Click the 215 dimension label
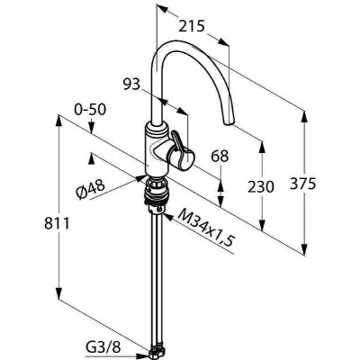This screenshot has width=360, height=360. (x=192, y=27)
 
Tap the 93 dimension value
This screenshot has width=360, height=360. (x=131, y=85)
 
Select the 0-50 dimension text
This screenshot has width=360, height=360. (x=90, y=110)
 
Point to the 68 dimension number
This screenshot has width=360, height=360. (x=220, y=157)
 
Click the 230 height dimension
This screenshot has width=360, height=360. (x=261, y=187)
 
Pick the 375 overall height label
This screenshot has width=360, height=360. (x=303, y=184)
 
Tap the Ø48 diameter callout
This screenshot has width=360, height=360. (x=90, y=189)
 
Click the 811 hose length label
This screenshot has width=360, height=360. (x=57, y=223)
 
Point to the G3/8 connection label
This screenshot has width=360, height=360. (x=103, y=347)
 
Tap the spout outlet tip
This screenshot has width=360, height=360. (x=229, y=122)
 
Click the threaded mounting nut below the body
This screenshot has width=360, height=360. (x=157, y=192)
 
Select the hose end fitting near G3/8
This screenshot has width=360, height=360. (x=157, y=354)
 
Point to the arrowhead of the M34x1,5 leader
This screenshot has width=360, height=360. (x=166, y=217)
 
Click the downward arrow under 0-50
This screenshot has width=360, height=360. (x=92, y=127)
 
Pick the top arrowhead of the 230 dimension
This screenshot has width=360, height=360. (x=263, y=148)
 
